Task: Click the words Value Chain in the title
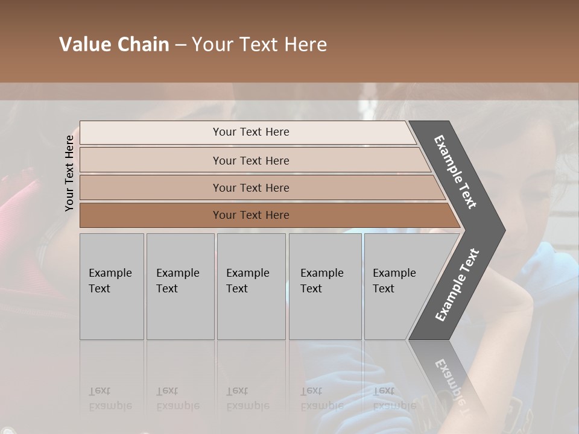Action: coord(114,45)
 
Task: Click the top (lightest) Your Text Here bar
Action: coord(250,132)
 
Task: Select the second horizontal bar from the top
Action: coord(250,160)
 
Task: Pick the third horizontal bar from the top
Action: coord(250,187)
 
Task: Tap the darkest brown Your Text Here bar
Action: coord(250,215)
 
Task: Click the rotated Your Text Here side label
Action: coord(69,173)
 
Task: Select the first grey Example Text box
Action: coord(112,286)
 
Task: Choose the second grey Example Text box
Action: coord(180,286)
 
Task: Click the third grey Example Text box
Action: coord(251,286)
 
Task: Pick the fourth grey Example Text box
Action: coord(325,286)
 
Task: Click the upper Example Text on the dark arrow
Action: coord(456,172)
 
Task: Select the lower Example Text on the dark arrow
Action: coord(457,285)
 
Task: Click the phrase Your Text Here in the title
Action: coord(259,45)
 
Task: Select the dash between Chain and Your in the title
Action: coord(180,45)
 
